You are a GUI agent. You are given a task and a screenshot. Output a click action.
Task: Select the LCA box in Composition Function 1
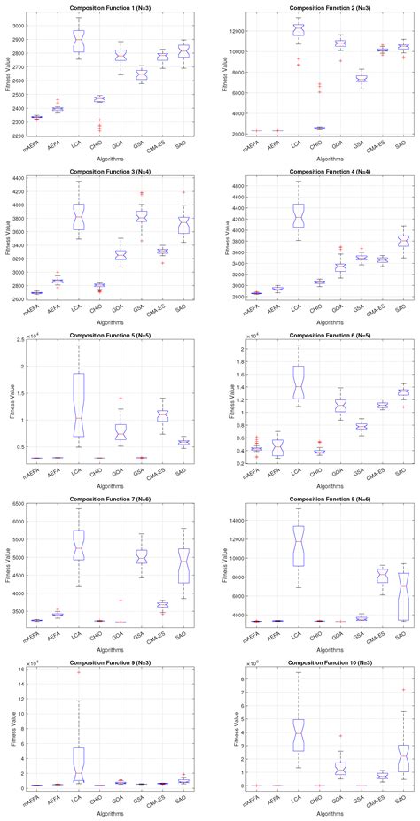79,41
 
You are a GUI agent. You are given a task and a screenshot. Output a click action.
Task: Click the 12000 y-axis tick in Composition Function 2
233,30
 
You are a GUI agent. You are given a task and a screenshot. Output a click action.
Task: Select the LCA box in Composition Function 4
299,215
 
